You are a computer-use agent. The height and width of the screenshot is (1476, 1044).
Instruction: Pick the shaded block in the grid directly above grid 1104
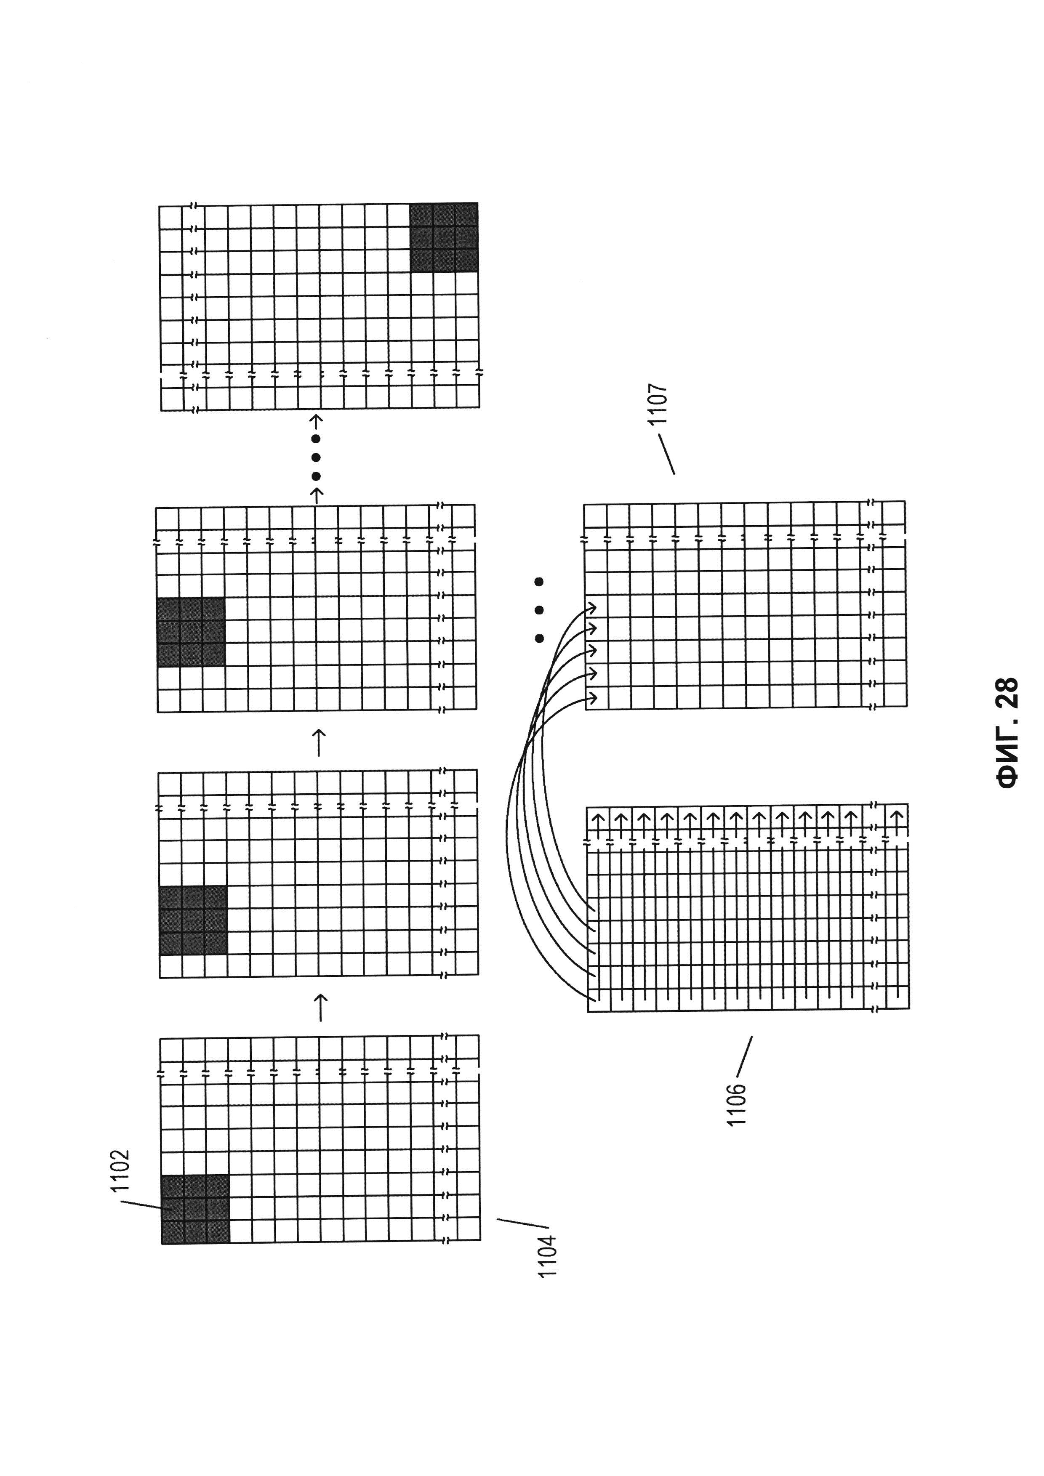click(193, 920)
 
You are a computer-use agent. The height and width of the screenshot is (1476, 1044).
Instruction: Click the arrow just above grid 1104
click(320, 1007)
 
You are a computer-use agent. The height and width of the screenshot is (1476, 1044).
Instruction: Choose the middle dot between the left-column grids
click(316, 458)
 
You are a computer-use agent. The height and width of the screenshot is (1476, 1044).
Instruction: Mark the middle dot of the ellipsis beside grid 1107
click(539, 609)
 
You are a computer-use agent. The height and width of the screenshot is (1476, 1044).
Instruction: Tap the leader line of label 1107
click(666, 454)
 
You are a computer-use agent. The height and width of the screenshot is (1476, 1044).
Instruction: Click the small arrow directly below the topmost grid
click(316, 422)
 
